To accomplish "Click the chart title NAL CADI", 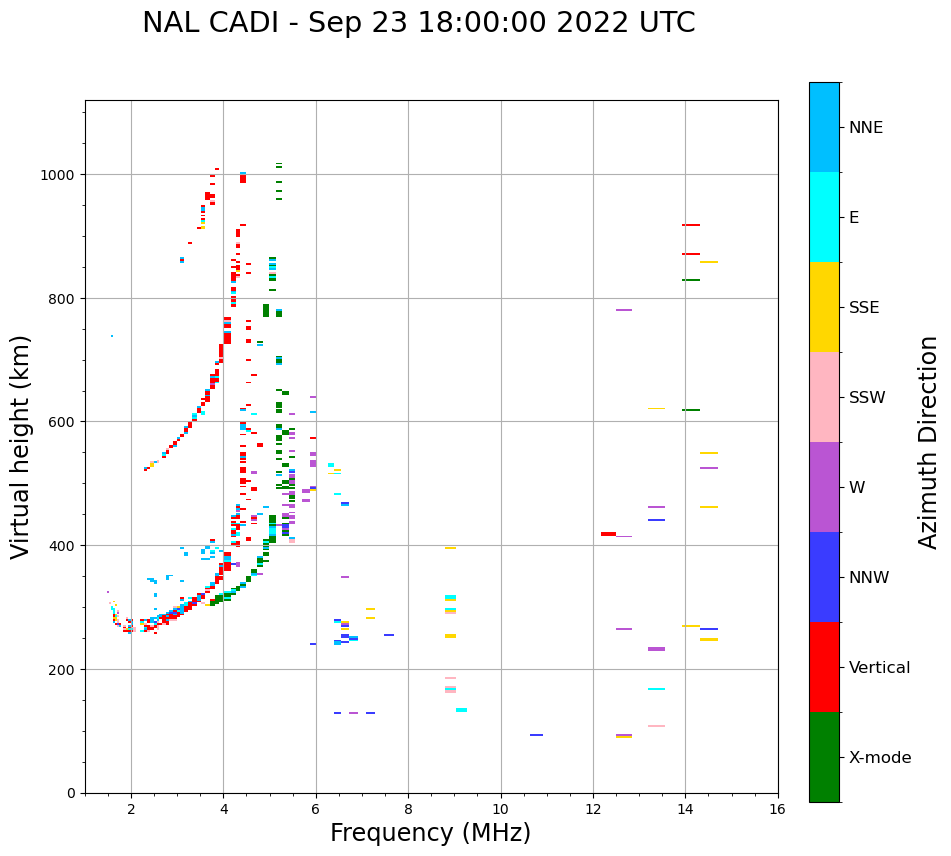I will [418, 23].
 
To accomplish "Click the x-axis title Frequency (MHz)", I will [430, 833].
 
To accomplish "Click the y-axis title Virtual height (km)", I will [21, 446].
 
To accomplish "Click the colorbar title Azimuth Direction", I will [929, 442].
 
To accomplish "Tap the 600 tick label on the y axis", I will [61, 422].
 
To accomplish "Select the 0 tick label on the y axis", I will [70, 793].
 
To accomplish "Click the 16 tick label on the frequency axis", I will [778, 810].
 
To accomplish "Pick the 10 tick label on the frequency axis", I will [501, 810].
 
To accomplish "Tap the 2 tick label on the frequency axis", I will [131, 810].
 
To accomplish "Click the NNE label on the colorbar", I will [866, 127].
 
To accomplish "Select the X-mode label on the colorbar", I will [880, 757].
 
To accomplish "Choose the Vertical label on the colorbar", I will [880, 667].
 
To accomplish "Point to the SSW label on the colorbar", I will [867, 397].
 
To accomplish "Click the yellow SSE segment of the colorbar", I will [824, 307].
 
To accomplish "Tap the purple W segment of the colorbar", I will [824, 487].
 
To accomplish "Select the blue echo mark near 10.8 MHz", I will [536, 735].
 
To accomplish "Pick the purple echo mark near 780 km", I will [623, 310].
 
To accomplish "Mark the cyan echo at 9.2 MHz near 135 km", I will [461, 710].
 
